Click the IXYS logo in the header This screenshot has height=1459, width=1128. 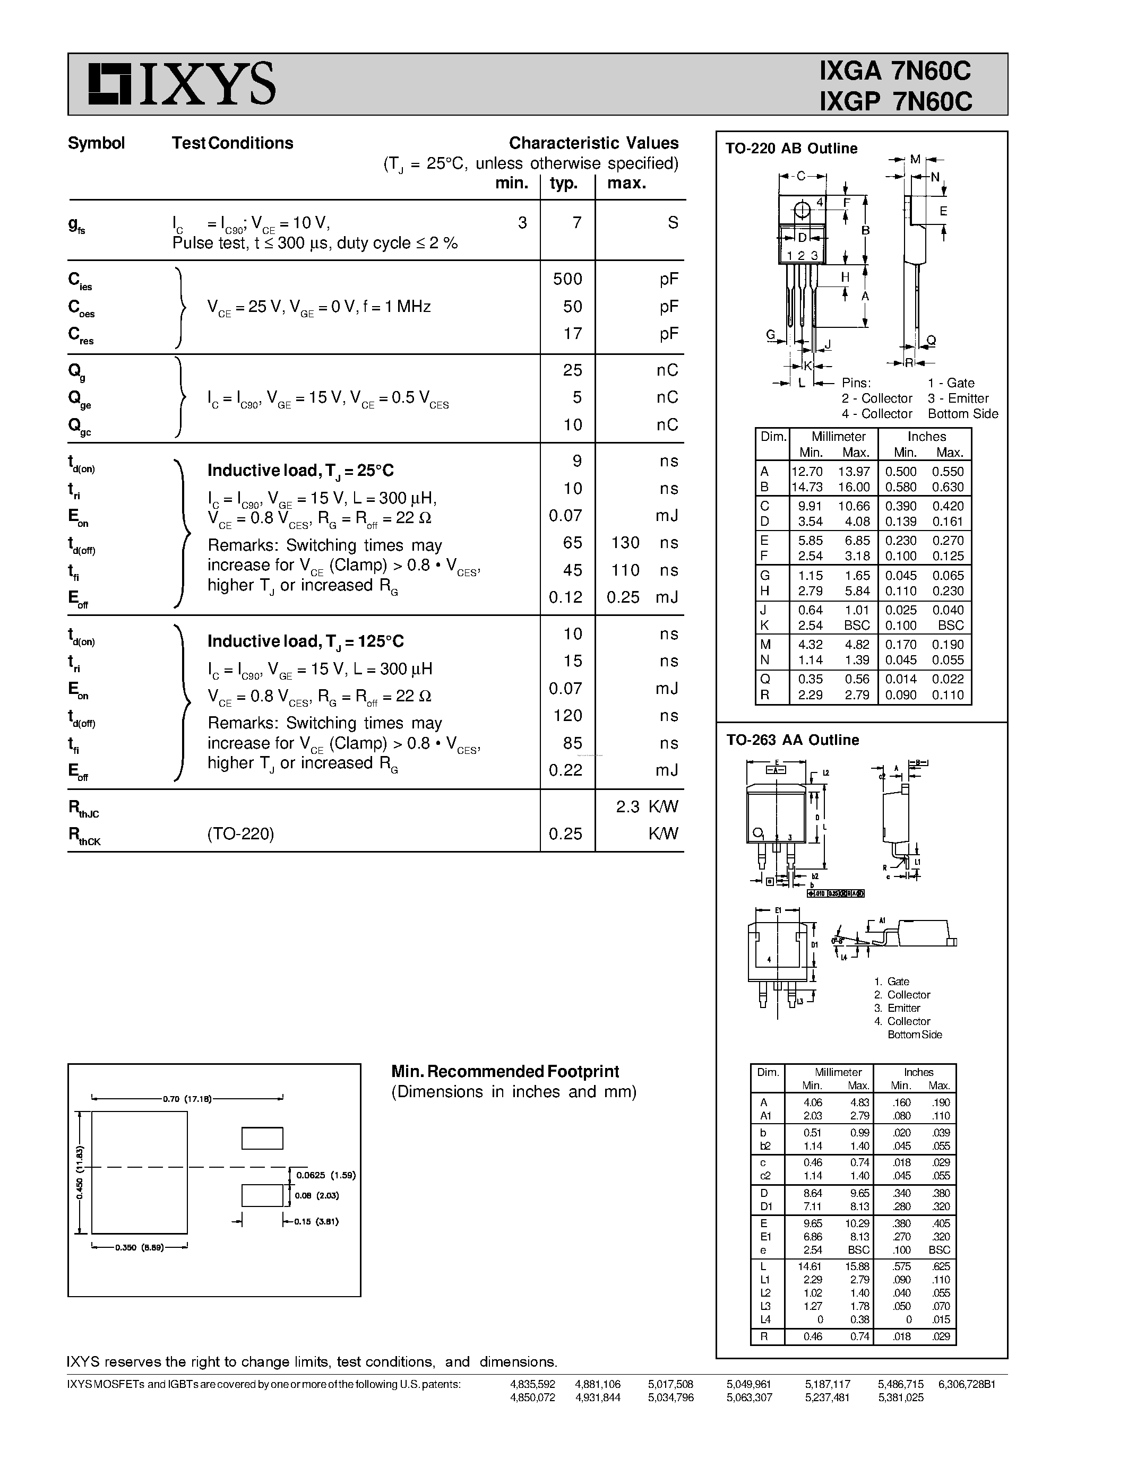(181, 84)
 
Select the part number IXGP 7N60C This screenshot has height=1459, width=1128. (895, 101)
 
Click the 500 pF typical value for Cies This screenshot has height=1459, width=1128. (567, 279)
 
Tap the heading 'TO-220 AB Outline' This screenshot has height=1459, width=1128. (791, 149)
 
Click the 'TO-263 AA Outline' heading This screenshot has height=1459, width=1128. (793, 740)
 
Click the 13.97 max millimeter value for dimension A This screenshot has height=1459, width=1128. (854, 472)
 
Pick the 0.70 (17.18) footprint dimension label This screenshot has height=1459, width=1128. (187, 1098)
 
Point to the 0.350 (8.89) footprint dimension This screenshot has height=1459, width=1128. (139, 1247)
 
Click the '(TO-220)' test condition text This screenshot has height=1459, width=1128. (240, 833)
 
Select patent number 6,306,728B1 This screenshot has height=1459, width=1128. (966, 1384)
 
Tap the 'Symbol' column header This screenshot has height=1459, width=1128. (96, 143)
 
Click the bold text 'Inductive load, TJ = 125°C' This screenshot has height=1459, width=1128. (305, 641)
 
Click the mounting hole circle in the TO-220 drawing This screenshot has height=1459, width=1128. (801, 211)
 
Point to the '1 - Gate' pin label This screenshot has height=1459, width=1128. (950, 383)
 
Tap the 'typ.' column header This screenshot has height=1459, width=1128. (563, 183)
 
